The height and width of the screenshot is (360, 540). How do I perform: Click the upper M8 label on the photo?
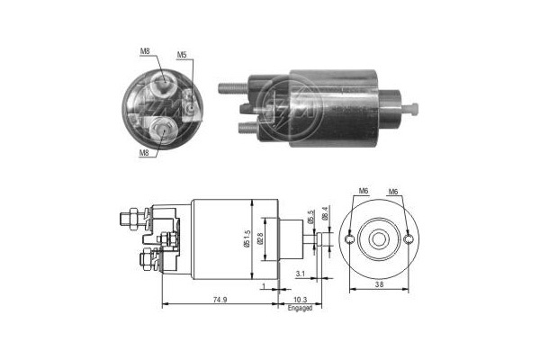[x=145, y=52]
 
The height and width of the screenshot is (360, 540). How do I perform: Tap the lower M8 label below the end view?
[x=144, y=153]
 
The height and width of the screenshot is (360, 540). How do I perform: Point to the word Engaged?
[x=300, y=309]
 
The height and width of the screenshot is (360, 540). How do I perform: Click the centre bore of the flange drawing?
[x=378, y=239]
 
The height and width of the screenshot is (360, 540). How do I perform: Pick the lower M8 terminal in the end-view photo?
[x=161, y=131]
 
